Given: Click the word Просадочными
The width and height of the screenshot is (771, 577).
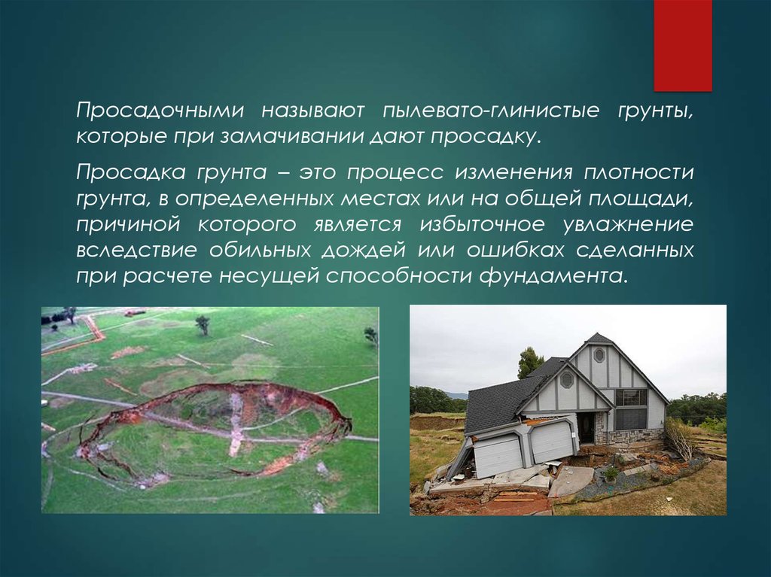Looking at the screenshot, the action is [x=160, y=111].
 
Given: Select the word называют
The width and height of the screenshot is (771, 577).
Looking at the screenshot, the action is [x=312, y=111].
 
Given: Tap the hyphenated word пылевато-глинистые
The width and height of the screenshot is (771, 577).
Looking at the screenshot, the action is [x=491, y=111].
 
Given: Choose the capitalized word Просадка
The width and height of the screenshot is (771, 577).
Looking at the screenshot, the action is [x=131, y=172].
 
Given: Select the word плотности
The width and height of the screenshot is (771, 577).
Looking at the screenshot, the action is [x=638, y=172].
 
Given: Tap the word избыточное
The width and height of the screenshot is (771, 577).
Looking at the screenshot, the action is [x=482, y=225].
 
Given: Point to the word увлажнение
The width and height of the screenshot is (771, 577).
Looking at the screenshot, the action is [x=628, y=225].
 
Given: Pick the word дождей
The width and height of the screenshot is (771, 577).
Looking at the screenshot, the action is [x=364, y=251].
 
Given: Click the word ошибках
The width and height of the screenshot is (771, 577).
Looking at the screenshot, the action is [x=514, y=251].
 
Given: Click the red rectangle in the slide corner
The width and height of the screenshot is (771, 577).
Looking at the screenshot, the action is [x=683, y=45].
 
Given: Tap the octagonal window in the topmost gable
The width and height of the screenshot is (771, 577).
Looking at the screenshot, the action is [x=599, y=354].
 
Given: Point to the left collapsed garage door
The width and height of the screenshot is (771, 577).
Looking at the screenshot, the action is [x=497, y=455].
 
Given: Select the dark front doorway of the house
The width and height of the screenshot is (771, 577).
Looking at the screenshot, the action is [x=586, y=429].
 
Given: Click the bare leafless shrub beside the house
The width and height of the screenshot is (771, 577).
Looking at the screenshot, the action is [x=680, y=438].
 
